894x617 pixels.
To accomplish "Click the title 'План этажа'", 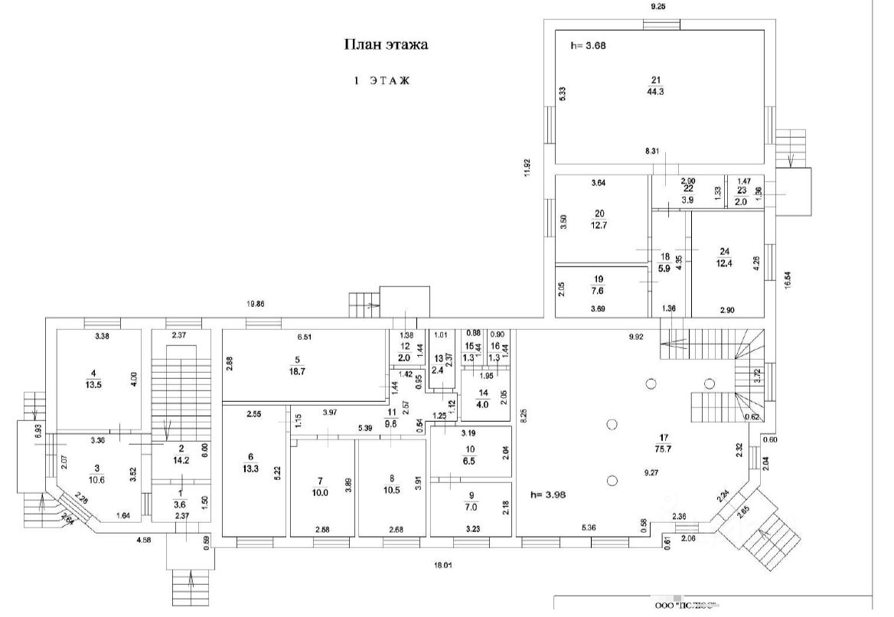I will pos(384,45).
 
